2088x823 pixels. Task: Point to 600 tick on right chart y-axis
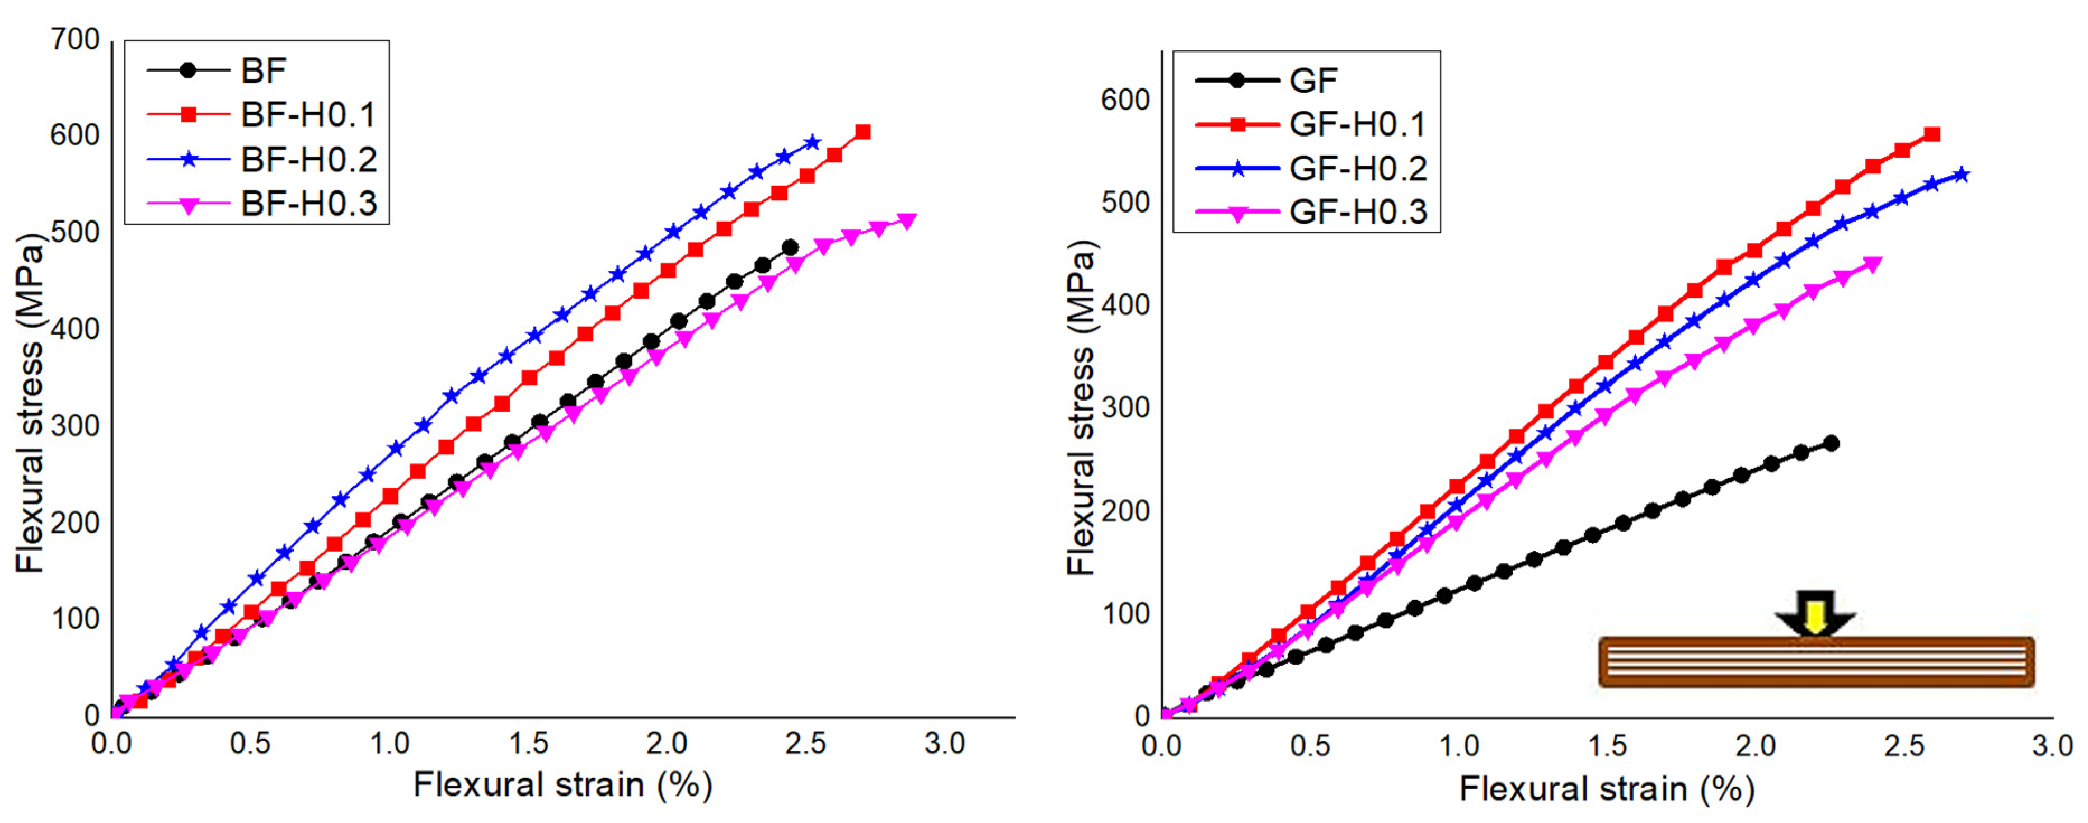[1125, 100]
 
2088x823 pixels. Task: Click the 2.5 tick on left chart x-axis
[806, 744]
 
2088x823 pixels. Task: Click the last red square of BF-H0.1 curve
[864, 132]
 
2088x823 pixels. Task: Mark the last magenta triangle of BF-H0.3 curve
[907, 220]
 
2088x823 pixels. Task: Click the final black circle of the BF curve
[790, 248]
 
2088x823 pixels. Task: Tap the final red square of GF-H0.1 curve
[1932, 134]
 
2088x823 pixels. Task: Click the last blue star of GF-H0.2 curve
[1962, 174]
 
